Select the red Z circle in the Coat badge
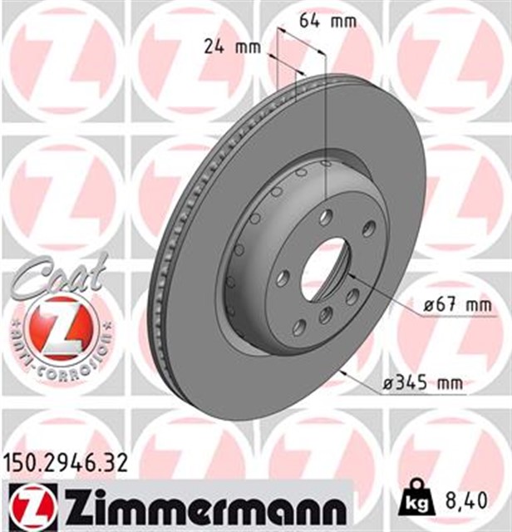click(57, 326)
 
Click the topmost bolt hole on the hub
click(326, 217)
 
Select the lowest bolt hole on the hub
click(298, 328)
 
